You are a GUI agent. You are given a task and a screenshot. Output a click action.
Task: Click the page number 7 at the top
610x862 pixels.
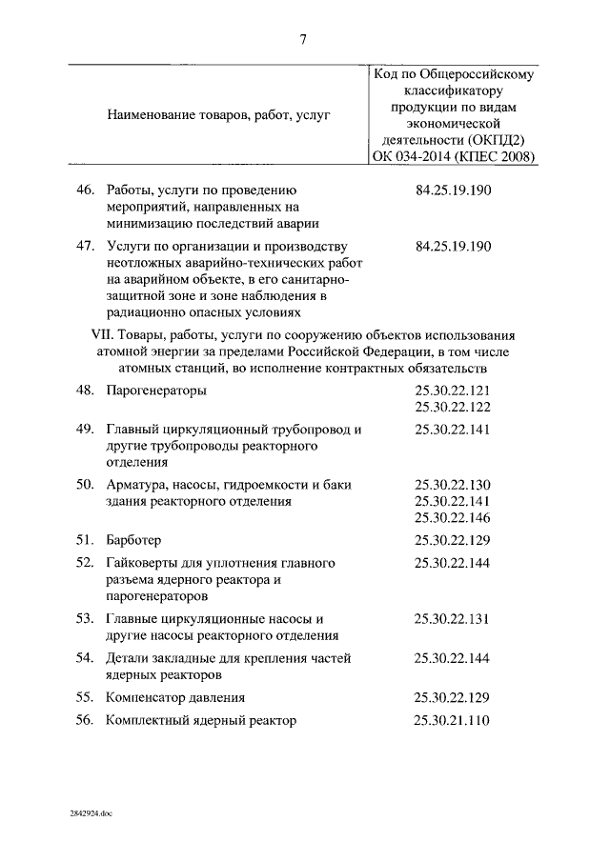[302, 39]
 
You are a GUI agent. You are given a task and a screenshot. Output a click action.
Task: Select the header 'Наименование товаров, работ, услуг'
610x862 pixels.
[218, 115]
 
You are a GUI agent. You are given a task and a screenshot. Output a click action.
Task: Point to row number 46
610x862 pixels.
[86, 190]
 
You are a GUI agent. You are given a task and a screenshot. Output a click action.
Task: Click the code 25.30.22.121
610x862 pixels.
[452, 391]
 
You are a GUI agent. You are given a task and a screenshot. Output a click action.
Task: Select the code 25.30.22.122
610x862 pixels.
[452, 407]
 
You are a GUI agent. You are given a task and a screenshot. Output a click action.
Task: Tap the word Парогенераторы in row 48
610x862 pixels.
[156, 391]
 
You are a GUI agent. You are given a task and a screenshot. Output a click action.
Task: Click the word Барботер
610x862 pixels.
[134, 540]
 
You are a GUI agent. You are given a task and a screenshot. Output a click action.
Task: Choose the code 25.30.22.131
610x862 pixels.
[452, 618]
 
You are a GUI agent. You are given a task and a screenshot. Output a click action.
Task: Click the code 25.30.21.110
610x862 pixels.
[452, 720]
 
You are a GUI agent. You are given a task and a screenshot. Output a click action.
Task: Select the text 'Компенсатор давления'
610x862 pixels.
[175, 696]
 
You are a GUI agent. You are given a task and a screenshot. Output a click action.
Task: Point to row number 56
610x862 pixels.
[86, 720]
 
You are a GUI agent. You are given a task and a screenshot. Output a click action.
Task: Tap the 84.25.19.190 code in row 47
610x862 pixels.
[454, 247]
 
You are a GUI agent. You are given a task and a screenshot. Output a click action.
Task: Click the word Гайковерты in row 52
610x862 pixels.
[143, 563]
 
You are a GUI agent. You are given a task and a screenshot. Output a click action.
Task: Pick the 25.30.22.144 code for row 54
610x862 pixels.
[452, 657]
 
